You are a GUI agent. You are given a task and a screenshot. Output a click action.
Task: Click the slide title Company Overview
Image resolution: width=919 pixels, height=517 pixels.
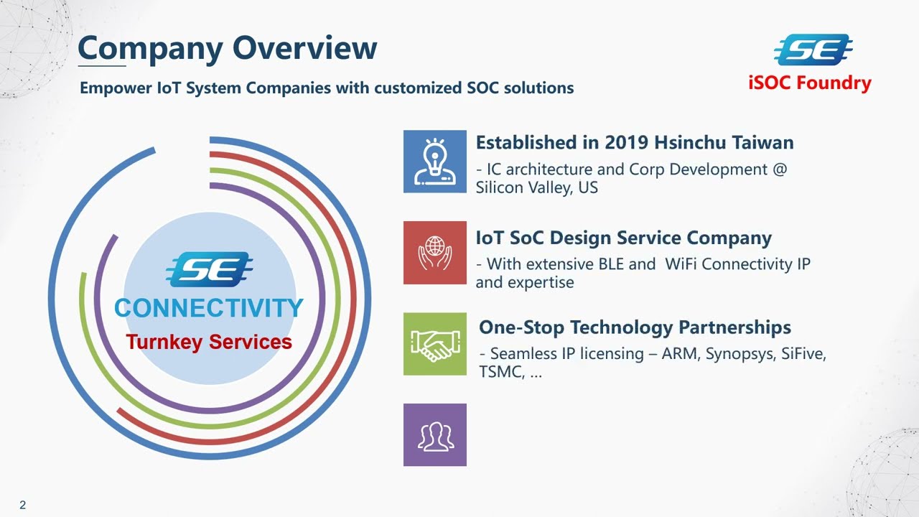pos(227,49)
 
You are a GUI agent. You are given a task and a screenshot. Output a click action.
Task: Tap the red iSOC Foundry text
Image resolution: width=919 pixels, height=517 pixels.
pos(809,83)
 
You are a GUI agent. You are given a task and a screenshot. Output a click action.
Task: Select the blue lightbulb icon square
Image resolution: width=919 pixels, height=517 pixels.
pos(434,162)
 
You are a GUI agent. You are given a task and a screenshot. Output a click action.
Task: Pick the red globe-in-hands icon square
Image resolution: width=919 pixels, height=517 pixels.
pos(434,252)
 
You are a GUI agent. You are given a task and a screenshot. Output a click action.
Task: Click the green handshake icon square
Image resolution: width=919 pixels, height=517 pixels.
pos(434,344)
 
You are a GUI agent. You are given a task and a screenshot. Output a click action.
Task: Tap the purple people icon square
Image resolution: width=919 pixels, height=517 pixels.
pos(434,435)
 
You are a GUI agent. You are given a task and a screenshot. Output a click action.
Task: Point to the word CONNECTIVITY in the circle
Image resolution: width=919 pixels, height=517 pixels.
pos(209,309)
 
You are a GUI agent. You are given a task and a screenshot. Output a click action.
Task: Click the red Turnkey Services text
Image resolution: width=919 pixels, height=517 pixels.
pos(209,342)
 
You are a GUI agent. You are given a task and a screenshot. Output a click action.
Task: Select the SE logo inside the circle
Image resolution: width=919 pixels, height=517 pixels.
pos(209,270)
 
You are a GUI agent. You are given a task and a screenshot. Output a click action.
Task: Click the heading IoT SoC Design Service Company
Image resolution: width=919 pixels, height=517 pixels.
pos(623,238)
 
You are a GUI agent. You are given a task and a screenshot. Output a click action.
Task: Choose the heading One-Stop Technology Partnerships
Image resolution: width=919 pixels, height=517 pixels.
pos(635,327)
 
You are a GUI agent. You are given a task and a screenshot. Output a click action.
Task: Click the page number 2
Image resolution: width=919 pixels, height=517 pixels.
pos(23,506)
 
